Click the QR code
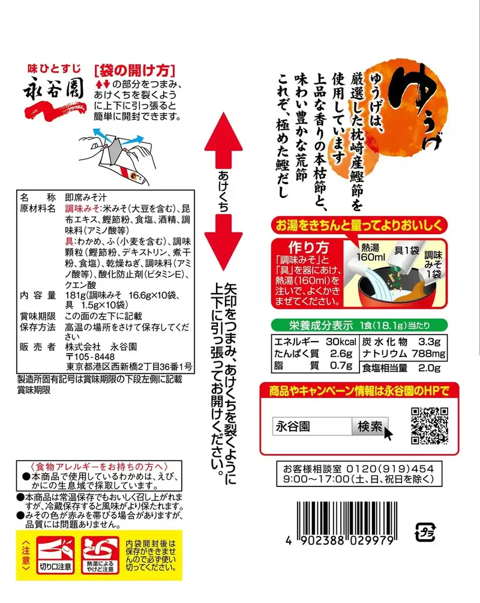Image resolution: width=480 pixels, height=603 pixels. tap(430, 426)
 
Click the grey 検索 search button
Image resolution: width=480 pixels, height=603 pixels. tap(370, 426)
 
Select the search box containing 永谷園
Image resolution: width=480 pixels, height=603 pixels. tap(312, 426)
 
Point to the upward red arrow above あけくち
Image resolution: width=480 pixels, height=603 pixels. tap(223, 141)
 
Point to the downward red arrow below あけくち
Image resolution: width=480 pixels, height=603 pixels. tap(223, 242)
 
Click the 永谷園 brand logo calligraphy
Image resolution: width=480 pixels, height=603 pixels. tap(53, 89)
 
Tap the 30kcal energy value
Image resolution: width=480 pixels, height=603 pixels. tap(341, 342)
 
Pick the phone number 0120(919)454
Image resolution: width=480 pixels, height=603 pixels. tap(390, 469)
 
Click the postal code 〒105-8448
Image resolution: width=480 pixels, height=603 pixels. tap(90, 357)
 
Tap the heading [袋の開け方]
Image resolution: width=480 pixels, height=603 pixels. tap(134, 70)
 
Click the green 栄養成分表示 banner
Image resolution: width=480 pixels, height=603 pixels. tap(359, 326)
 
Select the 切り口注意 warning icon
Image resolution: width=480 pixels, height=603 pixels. tap(55, 555)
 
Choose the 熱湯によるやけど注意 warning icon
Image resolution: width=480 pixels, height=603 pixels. tap(100, 555)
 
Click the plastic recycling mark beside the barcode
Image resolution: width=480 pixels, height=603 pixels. tap(425, 532)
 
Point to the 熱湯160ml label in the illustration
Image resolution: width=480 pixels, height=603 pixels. tap(370, 252)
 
